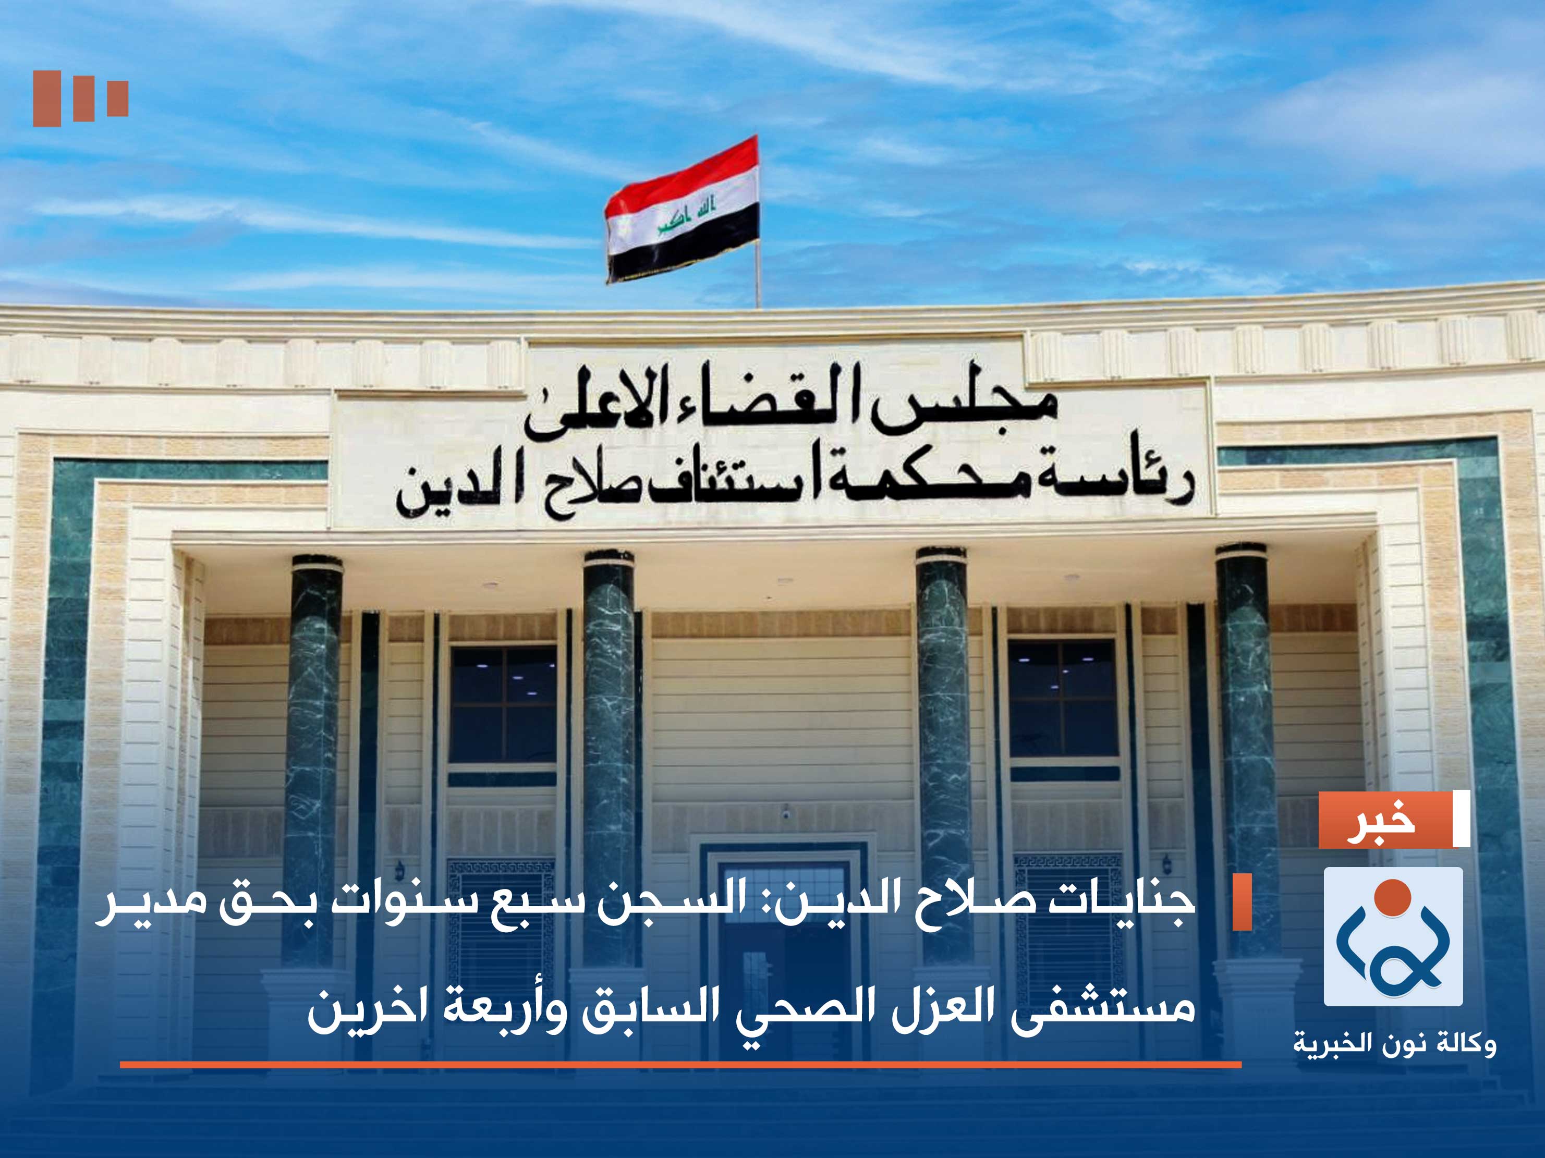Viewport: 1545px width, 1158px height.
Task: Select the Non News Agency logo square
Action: pos(1393,936)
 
